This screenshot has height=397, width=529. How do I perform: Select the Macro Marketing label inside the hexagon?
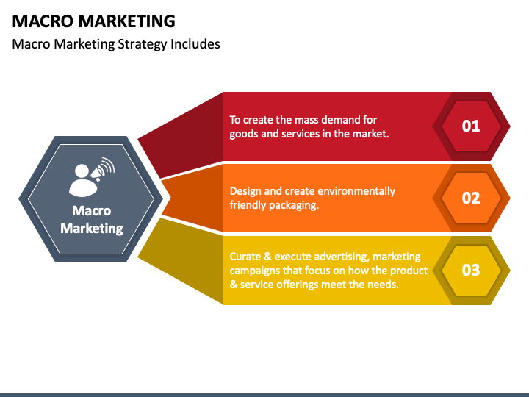pyautogui.click(x=92, y=219)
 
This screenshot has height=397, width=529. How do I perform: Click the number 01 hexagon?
pyautogui.click(x=470, y=126)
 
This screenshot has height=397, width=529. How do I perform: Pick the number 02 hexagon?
pyautogui.click(x=470, y=198)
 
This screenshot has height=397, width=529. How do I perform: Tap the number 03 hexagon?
pyautogui.click(x=470, y=270)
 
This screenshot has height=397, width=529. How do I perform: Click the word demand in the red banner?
pyautogui.click(x=341, y=119)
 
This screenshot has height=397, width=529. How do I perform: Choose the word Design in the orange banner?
pyautogui.click(x=246, y=191)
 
